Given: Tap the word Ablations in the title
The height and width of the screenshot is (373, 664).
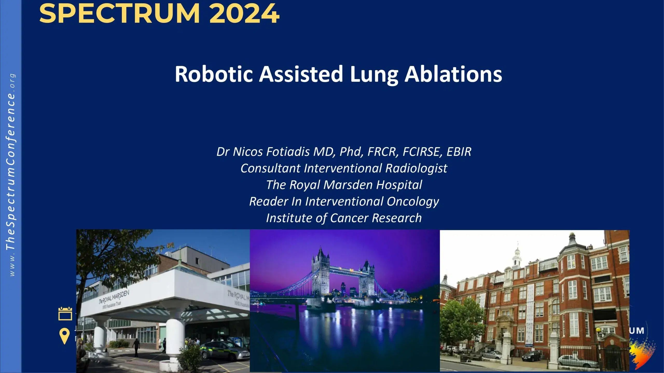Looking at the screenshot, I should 453,74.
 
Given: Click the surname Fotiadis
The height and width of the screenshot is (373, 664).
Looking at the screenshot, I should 288,152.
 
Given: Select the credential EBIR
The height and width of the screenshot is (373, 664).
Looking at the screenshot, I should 459,152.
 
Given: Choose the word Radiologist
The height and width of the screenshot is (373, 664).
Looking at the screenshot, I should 416,168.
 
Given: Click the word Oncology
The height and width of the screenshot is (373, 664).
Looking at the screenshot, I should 413,202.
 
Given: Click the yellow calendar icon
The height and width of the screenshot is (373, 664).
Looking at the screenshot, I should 65,314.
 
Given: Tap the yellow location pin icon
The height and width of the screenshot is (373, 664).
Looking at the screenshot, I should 64,336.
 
